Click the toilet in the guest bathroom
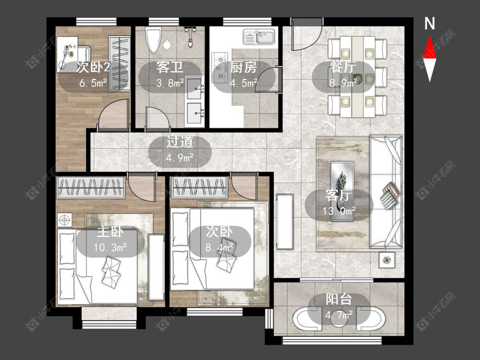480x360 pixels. pyautogui.click(x=153, y=40)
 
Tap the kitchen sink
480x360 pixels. pyautogui.click(x=259, y=37)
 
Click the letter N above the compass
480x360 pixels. pyautogui.click(x=430, y=23)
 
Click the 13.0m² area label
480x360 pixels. pyautogui.click(x=339, y=211)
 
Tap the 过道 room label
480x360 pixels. pyautogui.click(x=180, y=142)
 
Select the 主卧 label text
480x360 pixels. pyautogui.click(x=110, y=232)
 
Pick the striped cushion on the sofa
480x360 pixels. pyautogui.click(x=390, y=195)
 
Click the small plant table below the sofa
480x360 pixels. pyautogui.click(x=387, y=260)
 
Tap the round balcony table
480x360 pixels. pyautogui.click(x=339, y=318)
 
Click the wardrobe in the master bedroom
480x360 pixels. pyautogui.click(x=91, y=187)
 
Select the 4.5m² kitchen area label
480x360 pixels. pyautogui.click(x=244, y=83)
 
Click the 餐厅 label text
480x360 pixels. pyautogui.click(x=343, y=67)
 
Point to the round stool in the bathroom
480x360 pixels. pyautogui.click(x=167, y=45)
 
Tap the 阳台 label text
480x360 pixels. pyautogui.click(x=339, y=299)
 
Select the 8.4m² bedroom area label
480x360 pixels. pyautogui.click(x=219, y=247)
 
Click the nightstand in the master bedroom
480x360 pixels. pyautogui.click(x=64, y=220)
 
